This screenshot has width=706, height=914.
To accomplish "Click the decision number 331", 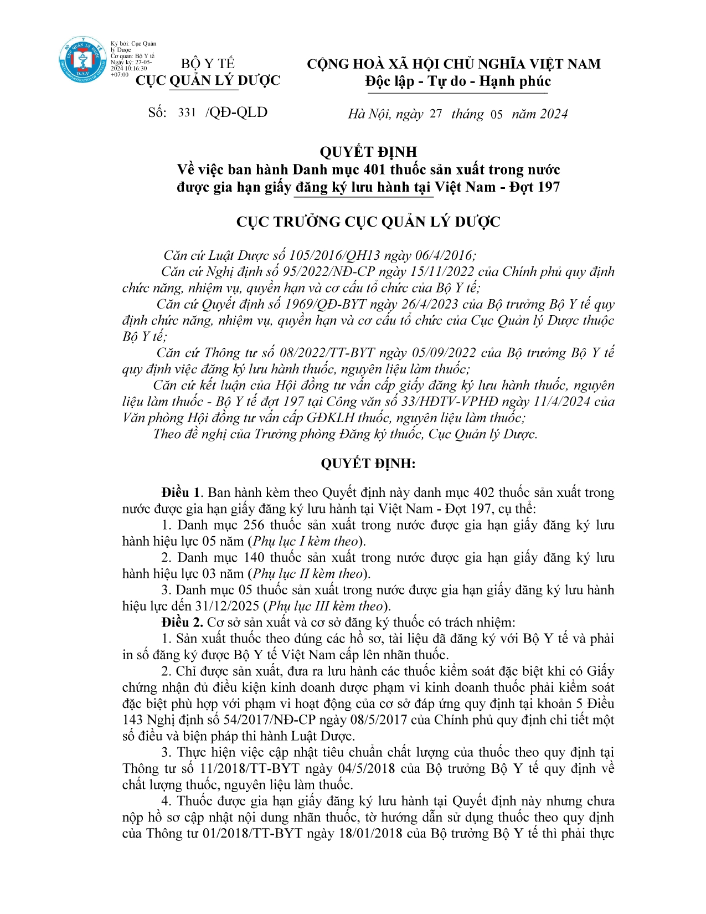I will [x=187, y=113].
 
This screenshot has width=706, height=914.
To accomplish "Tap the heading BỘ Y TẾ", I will [x=208, y=64].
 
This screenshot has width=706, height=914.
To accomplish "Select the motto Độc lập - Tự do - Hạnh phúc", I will [x=458, y=82].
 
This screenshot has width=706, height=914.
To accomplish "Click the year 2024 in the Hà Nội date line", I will [x=554, y=114].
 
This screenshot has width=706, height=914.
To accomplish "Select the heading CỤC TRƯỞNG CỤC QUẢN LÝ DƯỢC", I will [x=368, y=222].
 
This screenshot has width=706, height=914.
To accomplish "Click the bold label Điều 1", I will [x=180, y=492].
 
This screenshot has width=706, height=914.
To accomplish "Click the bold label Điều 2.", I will [x=182, y=622].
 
